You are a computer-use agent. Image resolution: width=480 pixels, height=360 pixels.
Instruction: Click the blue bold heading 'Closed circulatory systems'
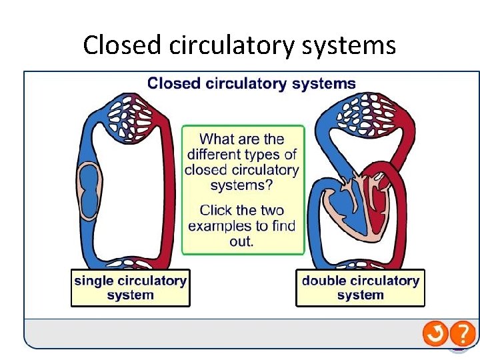(251, 83)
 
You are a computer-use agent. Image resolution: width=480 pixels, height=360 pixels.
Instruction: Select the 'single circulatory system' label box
(130, 287)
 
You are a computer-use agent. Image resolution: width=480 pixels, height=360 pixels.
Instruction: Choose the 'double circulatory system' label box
(360, 287)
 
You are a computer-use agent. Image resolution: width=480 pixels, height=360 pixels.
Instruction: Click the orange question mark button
(463, 333)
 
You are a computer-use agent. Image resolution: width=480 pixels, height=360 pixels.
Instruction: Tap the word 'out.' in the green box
(241, 241)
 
